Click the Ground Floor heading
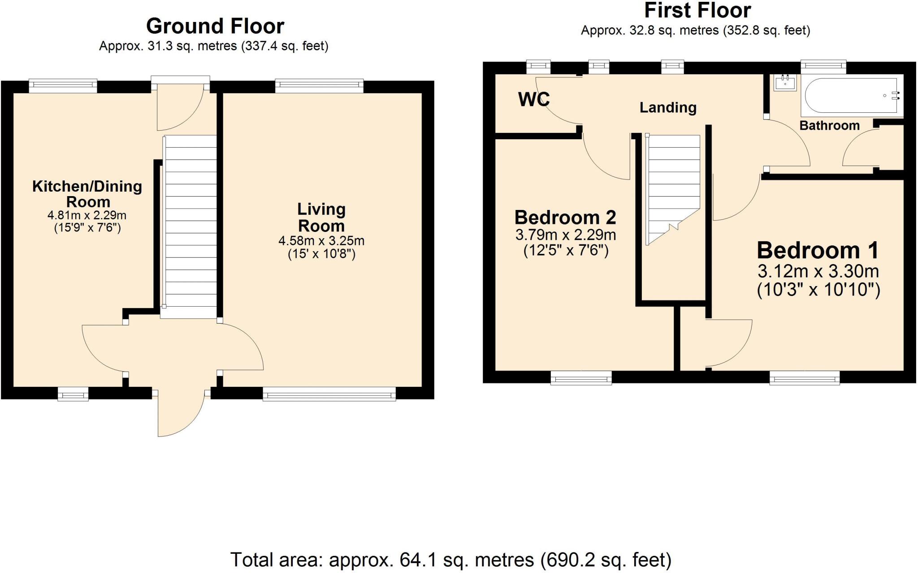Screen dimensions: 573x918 click(215, 26)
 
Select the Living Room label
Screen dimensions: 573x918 click(321, 217)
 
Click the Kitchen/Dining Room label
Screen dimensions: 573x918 click(87, 193)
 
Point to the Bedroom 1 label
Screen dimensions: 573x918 click(818, 250)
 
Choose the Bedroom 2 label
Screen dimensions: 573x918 click(565, 218)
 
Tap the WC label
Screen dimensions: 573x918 click(533, 99)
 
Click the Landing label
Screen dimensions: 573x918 click(668, 107)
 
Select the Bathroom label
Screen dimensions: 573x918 click(829, 125)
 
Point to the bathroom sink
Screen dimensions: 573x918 click(785, 83)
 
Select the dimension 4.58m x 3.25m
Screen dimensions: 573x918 click(321, 241)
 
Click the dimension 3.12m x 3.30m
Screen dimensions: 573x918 click(818, 271)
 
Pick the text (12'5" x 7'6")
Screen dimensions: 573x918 click(566, 250)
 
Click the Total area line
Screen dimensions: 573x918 click(450, 560)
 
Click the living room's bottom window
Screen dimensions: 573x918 click(329, 394)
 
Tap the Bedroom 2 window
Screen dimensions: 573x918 click(581, 378)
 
